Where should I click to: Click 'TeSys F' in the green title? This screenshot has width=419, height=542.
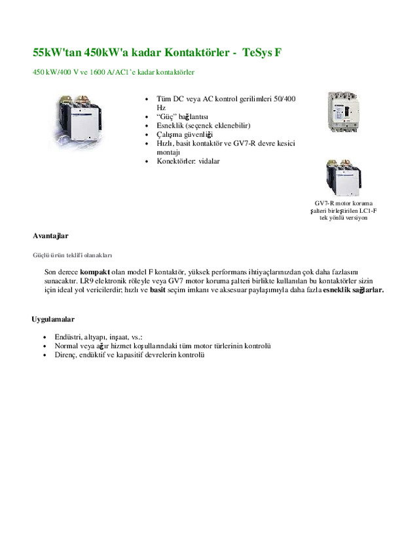261,51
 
